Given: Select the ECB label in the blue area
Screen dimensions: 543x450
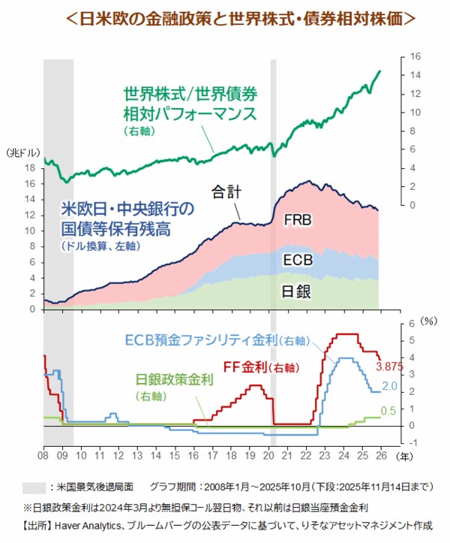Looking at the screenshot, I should coord(298,261).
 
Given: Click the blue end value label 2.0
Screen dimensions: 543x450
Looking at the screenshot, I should coord(389,386).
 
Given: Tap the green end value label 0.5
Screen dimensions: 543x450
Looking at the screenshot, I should coord(388,411).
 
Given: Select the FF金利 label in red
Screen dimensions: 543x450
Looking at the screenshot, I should coord(250,367).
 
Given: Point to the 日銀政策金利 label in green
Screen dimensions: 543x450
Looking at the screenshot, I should coord(175,380).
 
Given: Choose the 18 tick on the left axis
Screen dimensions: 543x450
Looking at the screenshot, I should coord(31,167).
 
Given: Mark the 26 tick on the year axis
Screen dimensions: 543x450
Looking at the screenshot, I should coord(382,455).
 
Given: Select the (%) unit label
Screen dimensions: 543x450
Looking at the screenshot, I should coord(428,319).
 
